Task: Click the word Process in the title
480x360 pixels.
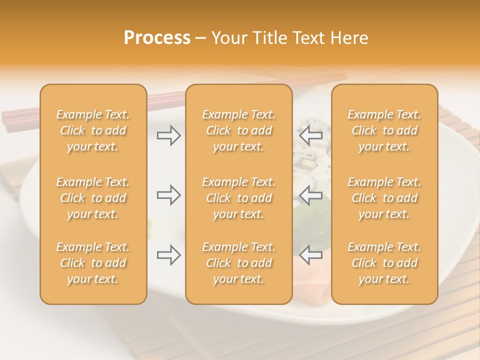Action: (x=157, y=38)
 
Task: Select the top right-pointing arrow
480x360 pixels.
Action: (x=168, y=135)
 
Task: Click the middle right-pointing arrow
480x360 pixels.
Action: (x=168, y=195)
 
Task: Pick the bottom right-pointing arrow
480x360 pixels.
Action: (x=168, y=255)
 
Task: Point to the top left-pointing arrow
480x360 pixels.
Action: (x=310, y=135)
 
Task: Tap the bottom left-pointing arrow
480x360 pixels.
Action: (x=310, y=255)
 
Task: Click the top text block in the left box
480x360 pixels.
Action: (x=93, y=130)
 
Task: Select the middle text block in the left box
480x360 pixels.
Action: (x=93, y=198)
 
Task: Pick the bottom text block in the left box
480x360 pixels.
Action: (x=93, y=263)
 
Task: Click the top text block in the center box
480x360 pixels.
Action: (x=239, y=130)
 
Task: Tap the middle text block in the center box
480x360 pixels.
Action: (x=239, y=198)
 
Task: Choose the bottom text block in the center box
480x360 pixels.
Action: (x=239, y=263)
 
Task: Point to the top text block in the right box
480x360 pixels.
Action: (x=384, y=130)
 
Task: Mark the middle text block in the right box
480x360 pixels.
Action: (x=384, y=198)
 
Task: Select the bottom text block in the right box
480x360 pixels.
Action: (x=384, y=263)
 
